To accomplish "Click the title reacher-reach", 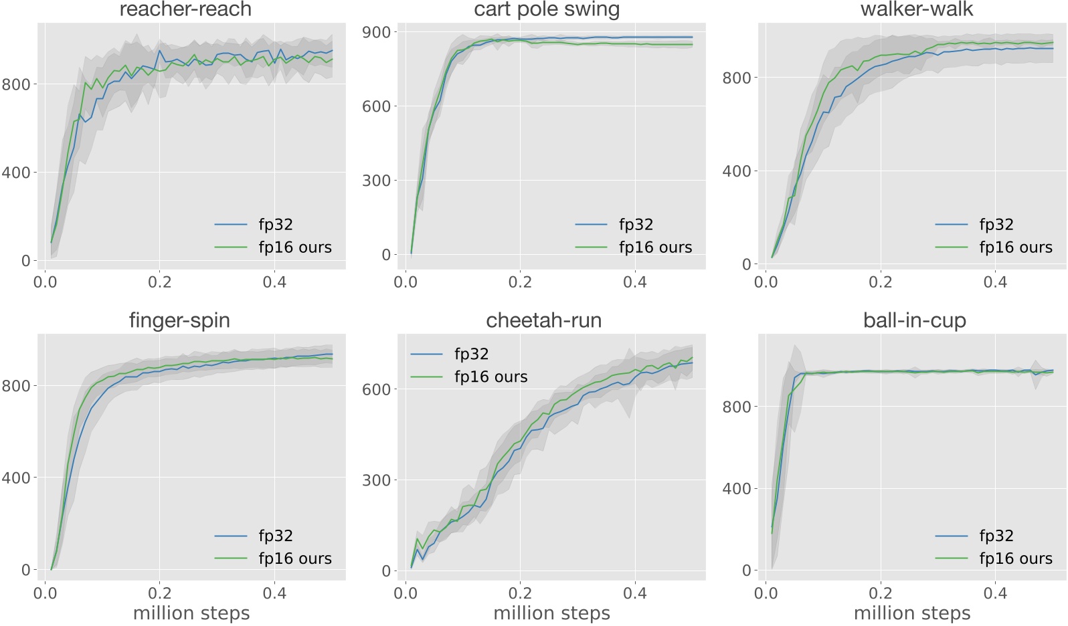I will coord(185,9).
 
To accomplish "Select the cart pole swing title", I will coord(547,9).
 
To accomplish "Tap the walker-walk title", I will coord(916,9).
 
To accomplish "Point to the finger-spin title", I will coord(179,320).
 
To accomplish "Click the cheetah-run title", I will coord(543,320).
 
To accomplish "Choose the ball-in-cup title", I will coord(915,320).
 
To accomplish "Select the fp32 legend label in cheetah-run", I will coord(471,354).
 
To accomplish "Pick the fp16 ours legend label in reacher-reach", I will coord(295,247).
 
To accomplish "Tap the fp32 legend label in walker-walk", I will coord(996,225).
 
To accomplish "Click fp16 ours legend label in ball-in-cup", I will coord(1016,558).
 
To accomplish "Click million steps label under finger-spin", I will coord(191,613).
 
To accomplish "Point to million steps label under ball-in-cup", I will coord(912,613).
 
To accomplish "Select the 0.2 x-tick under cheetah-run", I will coord(520,593).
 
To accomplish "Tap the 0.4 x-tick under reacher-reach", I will coord(274,282).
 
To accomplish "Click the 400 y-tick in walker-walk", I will coord(737,171).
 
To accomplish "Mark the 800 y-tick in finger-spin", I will coord(16,386).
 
